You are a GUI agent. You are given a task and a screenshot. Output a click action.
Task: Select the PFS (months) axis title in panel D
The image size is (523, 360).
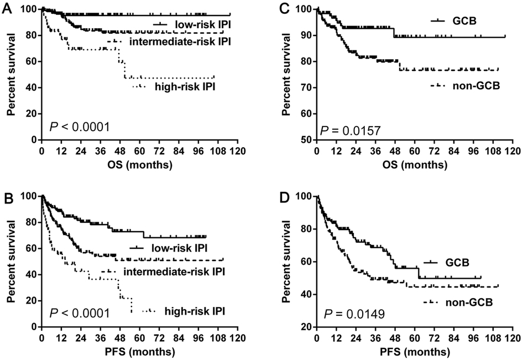[414, 351]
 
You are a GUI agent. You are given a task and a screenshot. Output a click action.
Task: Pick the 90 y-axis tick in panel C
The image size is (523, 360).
[305, 35]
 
